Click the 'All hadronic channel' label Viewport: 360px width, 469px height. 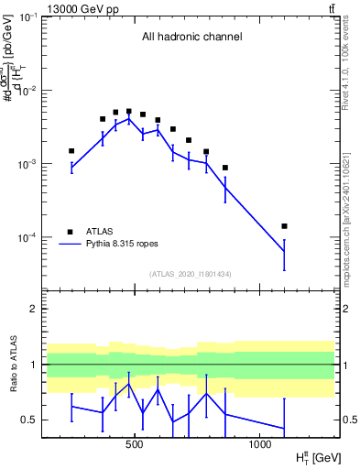(191, 38)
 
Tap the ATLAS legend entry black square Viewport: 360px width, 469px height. (71, 231)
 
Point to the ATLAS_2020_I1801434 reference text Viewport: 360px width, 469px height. (191, 274)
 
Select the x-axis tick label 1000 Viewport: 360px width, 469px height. (259, 444)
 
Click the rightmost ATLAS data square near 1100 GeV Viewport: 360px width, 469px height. (284, 225)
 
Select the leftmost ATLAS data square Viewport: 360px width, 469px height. (71, 150)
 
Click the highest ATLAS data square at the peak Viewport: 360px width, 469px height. (128, 111)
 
